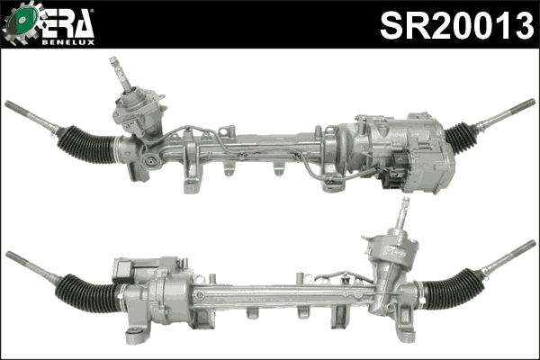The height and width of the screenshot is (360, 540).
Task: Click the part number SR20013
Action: tap(456, 26)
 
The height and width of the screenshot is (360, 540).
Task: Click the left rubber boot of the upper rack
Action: tap(87, 144)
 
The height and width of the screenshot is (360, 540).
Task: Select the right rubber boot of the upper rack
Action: tap(461, 137)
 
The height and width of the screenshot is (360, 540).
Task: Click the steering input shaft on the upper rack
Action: tap(117, 68)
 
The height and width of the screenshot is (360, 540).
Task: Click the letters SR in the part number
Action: tap(401, 26)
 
